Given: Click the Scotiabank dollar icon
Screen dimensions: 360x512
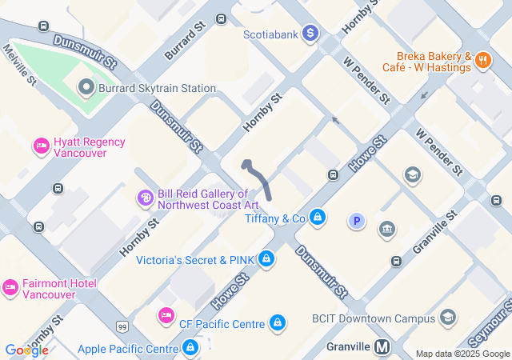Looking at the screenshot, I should click(311, 33).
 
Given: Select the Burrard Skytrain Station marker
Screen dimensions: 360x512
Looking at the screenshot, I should click(86, 87).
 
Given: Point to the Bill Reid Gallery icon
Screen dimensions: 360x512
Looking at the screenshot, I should click(146, 198).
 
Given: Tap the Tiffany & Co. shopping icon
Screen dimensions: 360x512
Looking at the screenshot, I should click(318, 217).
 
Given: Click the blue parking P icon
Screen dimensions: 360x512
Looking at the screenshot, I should click(357, 221).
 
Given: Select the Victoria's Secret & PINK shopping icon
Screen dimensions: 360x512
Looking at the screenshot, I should click(266, 259).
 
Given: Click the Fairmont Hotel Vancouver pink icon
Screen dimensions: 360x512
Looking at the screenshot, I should click(10, 286).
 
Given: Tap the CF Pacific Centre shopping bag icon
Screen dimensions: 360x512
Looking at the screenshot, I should click(277, 322).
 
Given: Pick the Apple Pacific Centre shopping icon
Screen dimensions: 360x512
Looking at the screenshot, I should click(190, 348).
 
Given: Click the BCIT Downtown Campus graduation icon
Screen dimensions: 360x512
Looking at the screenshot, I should click(447, 318).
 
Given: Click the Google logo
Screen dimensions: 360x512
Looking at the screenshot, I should click(26, 350).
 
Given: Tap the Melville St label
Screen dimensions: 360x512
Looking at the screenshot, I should click(20, 65).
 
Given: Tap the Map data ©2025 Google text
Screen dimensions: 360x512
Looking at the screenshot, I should click(462, 354).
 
